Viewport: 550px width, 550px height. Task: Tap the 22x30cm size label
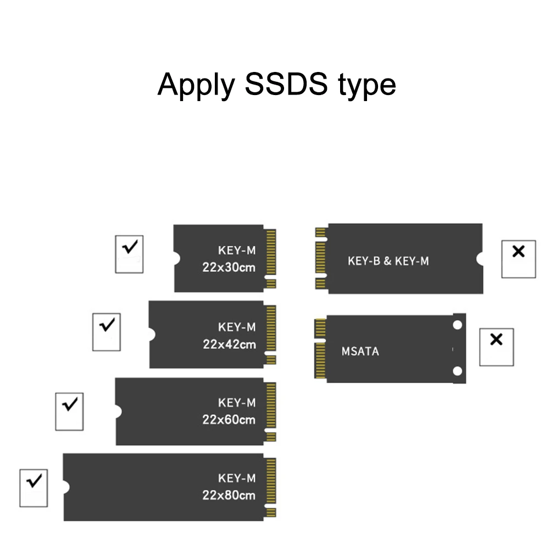[229, 268]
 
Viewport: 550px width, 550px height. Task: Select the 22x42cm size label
[229, 345]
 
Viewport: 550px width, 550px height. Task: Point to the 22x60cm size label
[229, 420]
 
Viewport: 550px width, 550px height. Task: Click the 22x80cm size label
[229, 495]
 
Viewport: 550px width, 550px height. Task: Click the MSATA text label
[360, 351]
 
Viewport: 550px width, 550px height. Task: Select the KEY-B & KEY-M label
[388, 261]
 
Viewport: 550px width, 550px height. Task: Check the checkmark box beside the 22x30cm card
[129, 254]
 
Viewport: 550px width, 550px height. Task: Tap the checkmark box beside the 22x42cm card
[107, 332]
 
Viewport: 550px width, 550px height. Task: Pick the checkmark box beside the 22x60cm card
[70, 411]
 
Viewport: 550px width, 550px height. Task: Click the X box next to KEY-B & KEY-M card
[518, 258]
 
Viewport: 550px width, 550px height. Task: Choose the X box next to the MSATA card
[496, 347]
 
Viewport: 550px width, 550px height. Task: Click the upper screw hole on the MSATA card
[458, 325]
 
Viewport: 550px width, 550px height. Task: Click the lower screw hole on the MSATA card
[458, 372]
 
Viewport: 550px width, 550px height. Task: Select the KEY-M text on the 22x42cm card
[237, 327]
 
